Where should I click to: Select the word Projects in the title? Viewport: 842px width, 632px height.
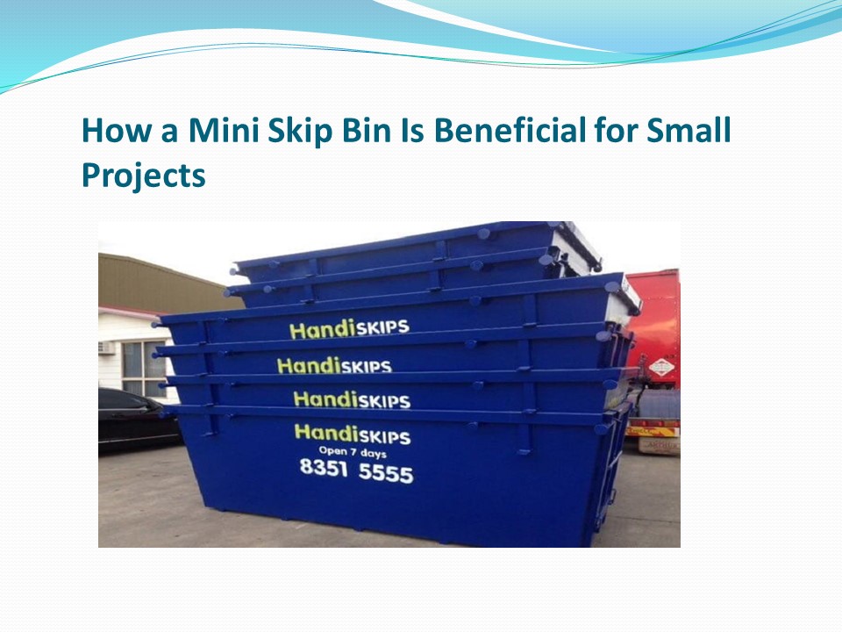pyautogui.click(x=143, y=176)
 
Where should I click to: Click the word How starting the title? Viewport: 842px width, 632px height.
pyautogui.click(x=112, y=131)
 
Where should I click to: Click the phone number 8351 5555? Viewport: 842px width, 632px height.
pyautogui.click(x=356, y=471)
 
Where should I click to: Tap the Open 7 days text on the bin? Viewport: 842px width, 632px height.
pyautogui.click(x=352, y=452)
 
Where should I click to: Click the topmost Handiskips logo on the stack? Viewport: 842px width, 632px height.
pyautogui.click(x=349, y=329)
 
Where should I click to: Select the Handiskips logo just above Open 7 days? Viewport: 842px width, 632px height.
pyautogui.click(x=352, y=434)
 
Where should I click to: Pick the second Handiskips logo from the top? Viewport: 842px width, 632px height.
pyautogui.click(x=333, y=365)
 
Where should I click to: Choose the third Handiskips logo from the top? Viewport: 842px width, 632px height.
pyautogui.click(x=351, y=399)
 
